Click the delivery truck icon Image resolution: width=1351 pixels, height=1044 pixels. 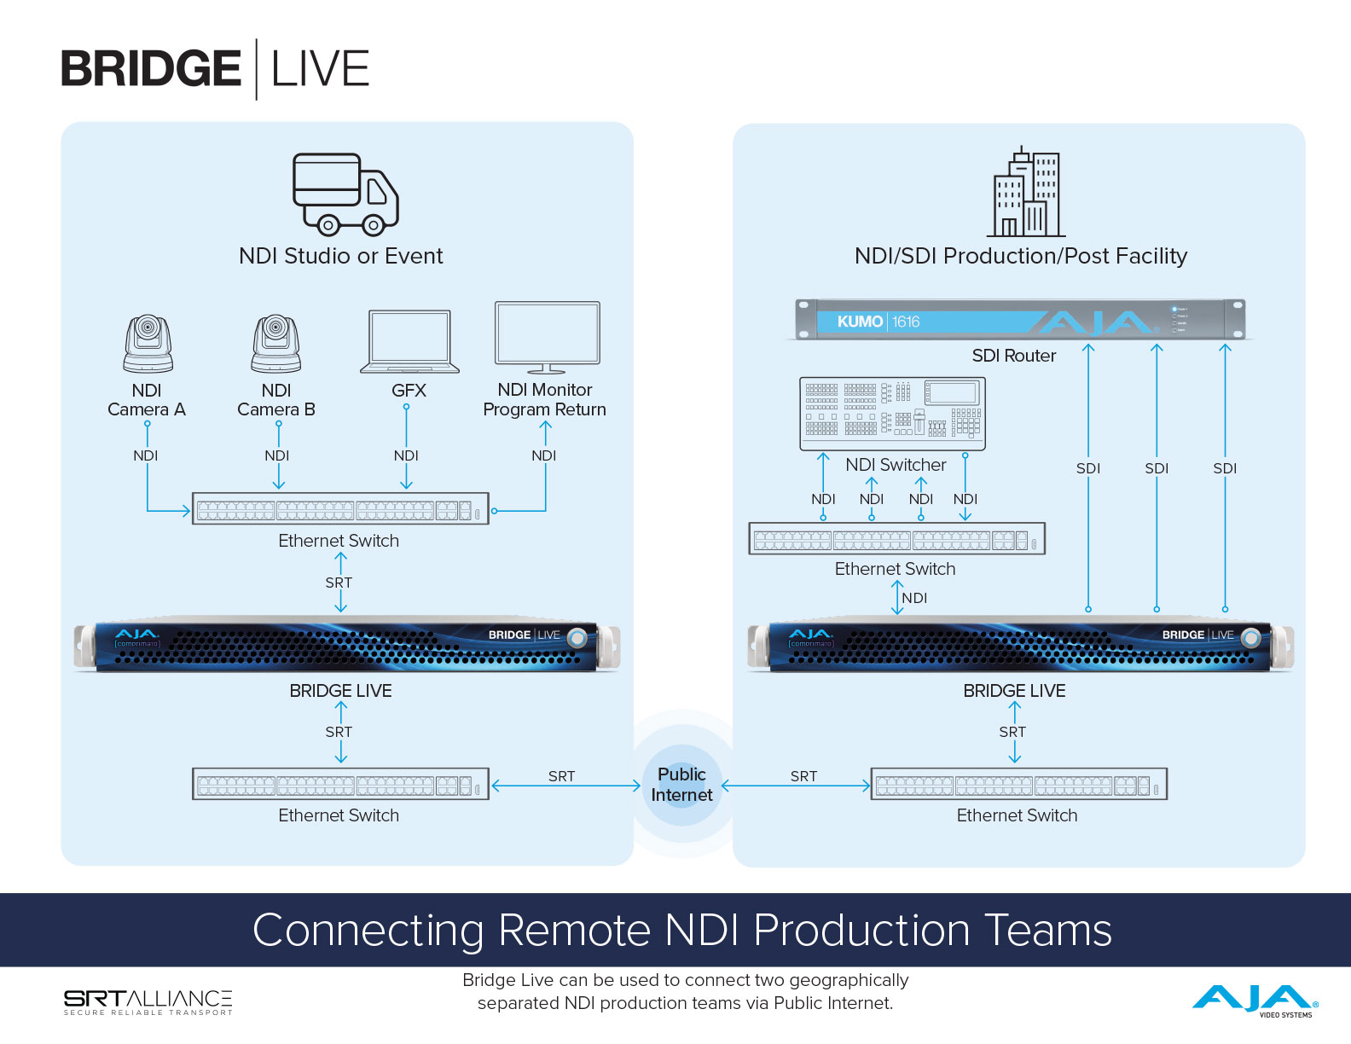pyautogui.click(x=345, y=194)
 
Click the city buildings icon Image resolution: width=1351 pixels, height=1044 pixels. pyautogui.click(x=1026, y=194)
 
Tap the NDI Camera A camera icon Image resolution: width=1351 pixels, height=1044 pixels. pyautogui.click(x=148, y=344)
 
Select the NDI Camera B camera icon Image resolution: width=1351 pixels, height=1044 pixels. pyautogui.click(x=276, y=344)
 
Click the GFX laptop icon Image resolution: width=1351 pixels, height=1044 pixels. pyautogui.click(x=409, y=342)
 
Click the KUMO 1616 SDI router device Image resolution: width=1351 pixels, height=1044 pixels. pyautogui.click(x=1020, y=321)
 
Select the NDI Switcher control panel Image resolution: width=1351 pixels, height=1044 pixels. pyautogui.click(x=892, y=414)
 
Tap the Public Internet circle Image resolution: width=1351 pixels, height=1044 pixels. pyautogui.click(x=681, y=785)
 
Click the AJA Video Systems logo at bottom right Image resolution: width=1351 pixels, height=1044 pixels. pyautogui.click(x=1255, y=1000)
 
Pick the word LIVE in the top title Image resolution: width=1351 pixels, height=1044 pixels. pyautogui.click(x=320, y=69)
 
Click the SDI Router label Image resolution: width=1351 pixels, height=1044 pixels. pyautogui.click(x=1013, y=356)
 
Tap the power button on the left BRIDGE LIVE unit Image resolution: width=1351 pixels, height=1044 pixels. pyautogui.click(x=577, y=636)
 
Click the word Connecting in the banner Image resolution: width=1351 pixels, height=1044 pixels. pyautogui.click(x=368, y=930)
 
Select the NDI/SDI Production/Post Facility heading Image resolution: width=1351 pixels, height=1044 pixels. pyautogui.click(x=1020, y=256)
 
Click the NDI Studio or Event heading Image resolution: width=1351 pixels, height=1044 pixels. pyautogui.click(x=340, y=256)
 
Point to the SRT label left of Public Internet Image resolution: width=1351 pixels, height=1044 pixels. pyautogui.click(x=561, y=776)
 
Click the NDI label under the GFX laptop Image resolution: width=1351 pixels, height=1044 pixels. pyautogui.click(x=406, y=455)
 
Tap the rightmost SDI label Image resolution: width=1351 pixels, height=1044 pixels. pyautogui.click(x=1225, y=468)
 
